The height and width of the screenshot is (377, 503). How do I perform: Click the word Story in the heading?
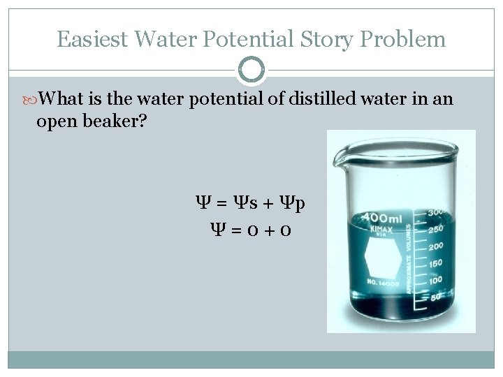coord(331,39)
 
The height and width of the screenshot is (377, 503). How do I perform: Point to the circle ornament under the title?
coord(251,70)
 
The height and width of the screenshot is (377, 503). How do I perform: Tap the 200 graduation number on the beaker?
coord(435,245)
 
